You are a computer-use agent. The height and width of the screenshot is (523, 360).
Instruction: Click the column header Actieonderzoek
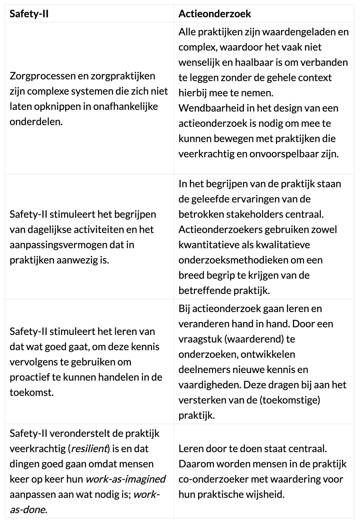tap(215, 14)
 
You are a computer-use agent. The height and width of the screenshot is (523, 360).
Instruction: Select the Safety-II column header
tap(29, 14)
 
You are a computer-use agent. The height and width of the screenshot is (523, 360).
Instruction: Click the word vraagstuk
tap(200, 339)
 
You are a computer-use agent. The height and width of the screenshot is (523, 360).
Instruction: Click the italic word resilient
tap(90, 449)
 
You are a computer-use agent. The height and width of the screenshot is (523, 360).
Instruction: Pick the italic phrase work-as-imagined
tap(126, 479)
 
